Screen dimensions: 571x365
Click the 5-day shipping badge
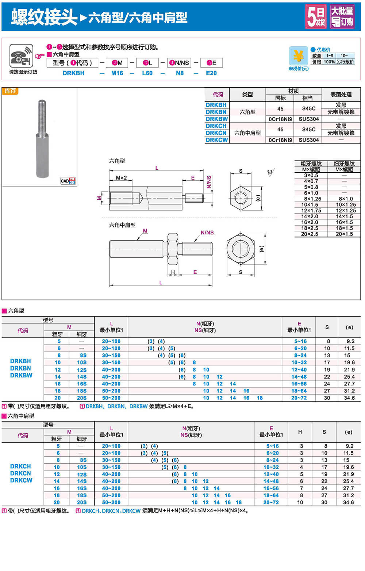coord(316,16)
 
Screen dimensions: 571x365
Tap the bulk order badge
coord(342,16)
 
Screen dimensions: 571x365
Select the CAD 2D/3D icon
coord(68,181)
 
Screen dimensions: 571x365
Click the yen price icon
coord(298,56)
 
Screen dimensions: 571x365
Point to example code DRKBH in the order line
coord(73,73)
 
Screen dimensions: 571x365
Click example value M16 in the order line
coord(117,73)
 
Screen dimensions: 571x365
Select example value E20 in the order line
coord(211,73)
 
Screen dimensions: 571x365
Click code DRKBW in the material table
coord(216,119)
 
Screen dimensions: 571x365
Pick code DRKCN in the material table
coord(216,133)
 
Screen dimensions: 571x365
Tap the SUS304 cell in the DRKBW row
coord(309,119)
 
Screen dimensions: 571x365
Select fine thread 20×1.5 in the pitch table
coord(344,234)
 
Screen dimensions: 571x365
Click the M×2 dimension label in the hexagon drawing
coord(121,178)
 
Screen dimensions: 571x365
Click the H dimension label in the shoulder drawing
coord(173,272)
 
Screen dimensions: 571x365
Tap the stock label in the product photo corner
coord(10,91)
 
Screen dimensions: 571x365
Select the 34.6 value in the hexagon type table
coord(349,398)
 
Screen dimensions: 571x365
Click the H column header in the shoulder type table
coord(300,432)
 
